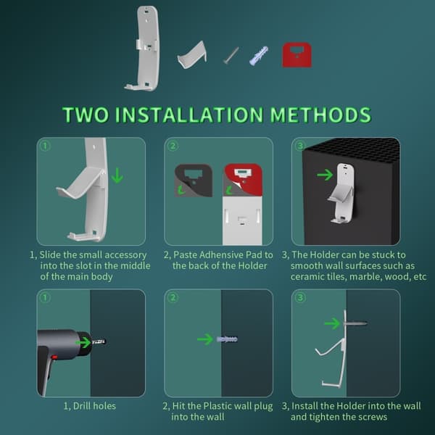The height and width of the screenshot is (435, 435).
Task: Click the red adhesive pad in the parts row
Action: pyautogui.click(x=297, y=55)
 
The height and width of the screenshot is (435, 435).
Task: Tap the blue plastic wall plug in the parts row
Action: pyautogui.click(x=259, y=56)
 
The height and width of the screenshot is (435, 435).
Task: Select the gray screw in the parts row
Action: pyautogui.click(x=231, y=56)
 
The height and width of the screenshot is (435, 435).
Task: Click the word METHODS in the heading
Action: pyautogui.click(x=320, y=115)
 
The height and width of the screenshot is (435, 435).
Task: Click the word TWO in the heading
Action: pyautogui.click(x=86, y=115)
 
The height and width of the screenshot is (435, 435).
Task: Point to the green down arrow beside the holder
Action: pyautogui.click(x=117, y=175)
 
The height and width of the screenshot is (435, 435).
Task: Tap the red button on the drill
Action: pyautogui.click(x=54, y=357)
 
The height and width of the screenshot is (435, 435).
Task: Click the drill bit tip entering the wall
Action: pyautogui.click(x=106, y=341)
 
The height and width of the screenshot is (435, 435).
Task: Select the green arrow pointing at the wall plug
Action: pyautogui.click(x=205, y=339)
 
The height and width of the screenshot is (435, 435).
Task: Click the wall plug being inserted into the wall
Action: pyautogui.click(x=227, y=339)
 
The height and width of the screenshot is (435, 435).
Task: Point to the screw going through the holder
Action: pyautogui.click(x=356, y=323)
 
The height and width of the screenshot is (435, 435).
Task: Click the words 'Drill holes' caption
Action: pyautogui.click(x=94, y=406)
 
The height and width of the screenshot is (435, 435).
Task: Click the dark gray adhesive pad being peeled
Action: pyautogui.click(x=194, y=181)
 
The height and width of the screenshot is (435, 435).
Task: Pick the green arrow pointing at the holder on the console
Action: pyautogui.click(x=325, y=175)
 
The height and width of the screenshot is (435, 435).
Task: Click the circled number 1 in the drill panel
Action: pyautogui.click(x=45, y=298)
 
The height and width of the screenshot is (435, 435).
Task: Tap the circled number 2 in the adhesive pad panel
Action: pyautogui.click(x=173, y=146)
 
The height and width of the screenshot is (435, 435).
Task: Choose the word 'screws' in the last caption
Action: pyautogui.click(x=370, y=417)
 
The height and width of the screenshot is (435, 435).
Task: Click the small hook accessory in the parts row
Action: pyautogui.click(x=192, y=54)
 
